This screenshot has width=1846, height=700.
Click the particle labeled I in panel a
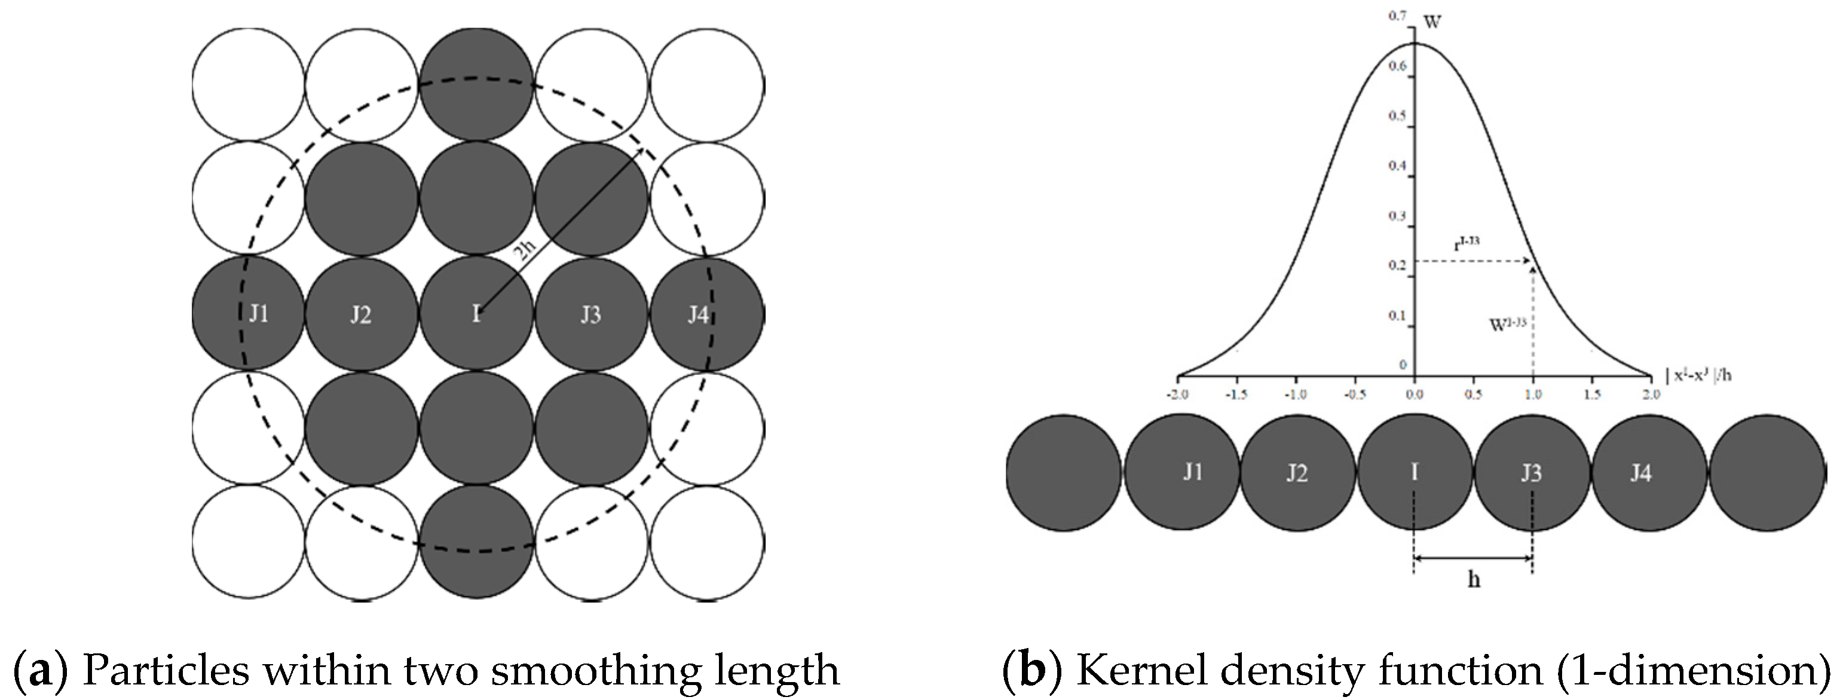coord(476,314)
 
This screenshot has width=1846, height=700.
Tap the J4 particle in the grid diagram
coord(706,314)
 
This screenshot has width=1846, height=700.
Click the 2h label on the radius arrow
coord(525,252)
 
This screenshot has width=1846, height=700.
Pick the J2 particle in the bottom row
coord(1297,473)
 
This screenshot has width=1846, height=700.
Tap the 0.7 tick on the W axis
coord(1397,15)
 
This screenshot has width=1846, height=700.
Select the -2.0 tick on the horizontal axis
coord(1178,394)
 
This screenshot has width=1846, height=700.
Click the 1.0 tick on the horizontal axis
coord(1533,394)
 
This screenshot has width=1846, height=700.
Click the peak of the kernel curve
coord(1415,44)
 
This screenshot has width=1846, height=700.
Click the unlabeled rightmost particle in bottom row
coord(1768,473)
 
